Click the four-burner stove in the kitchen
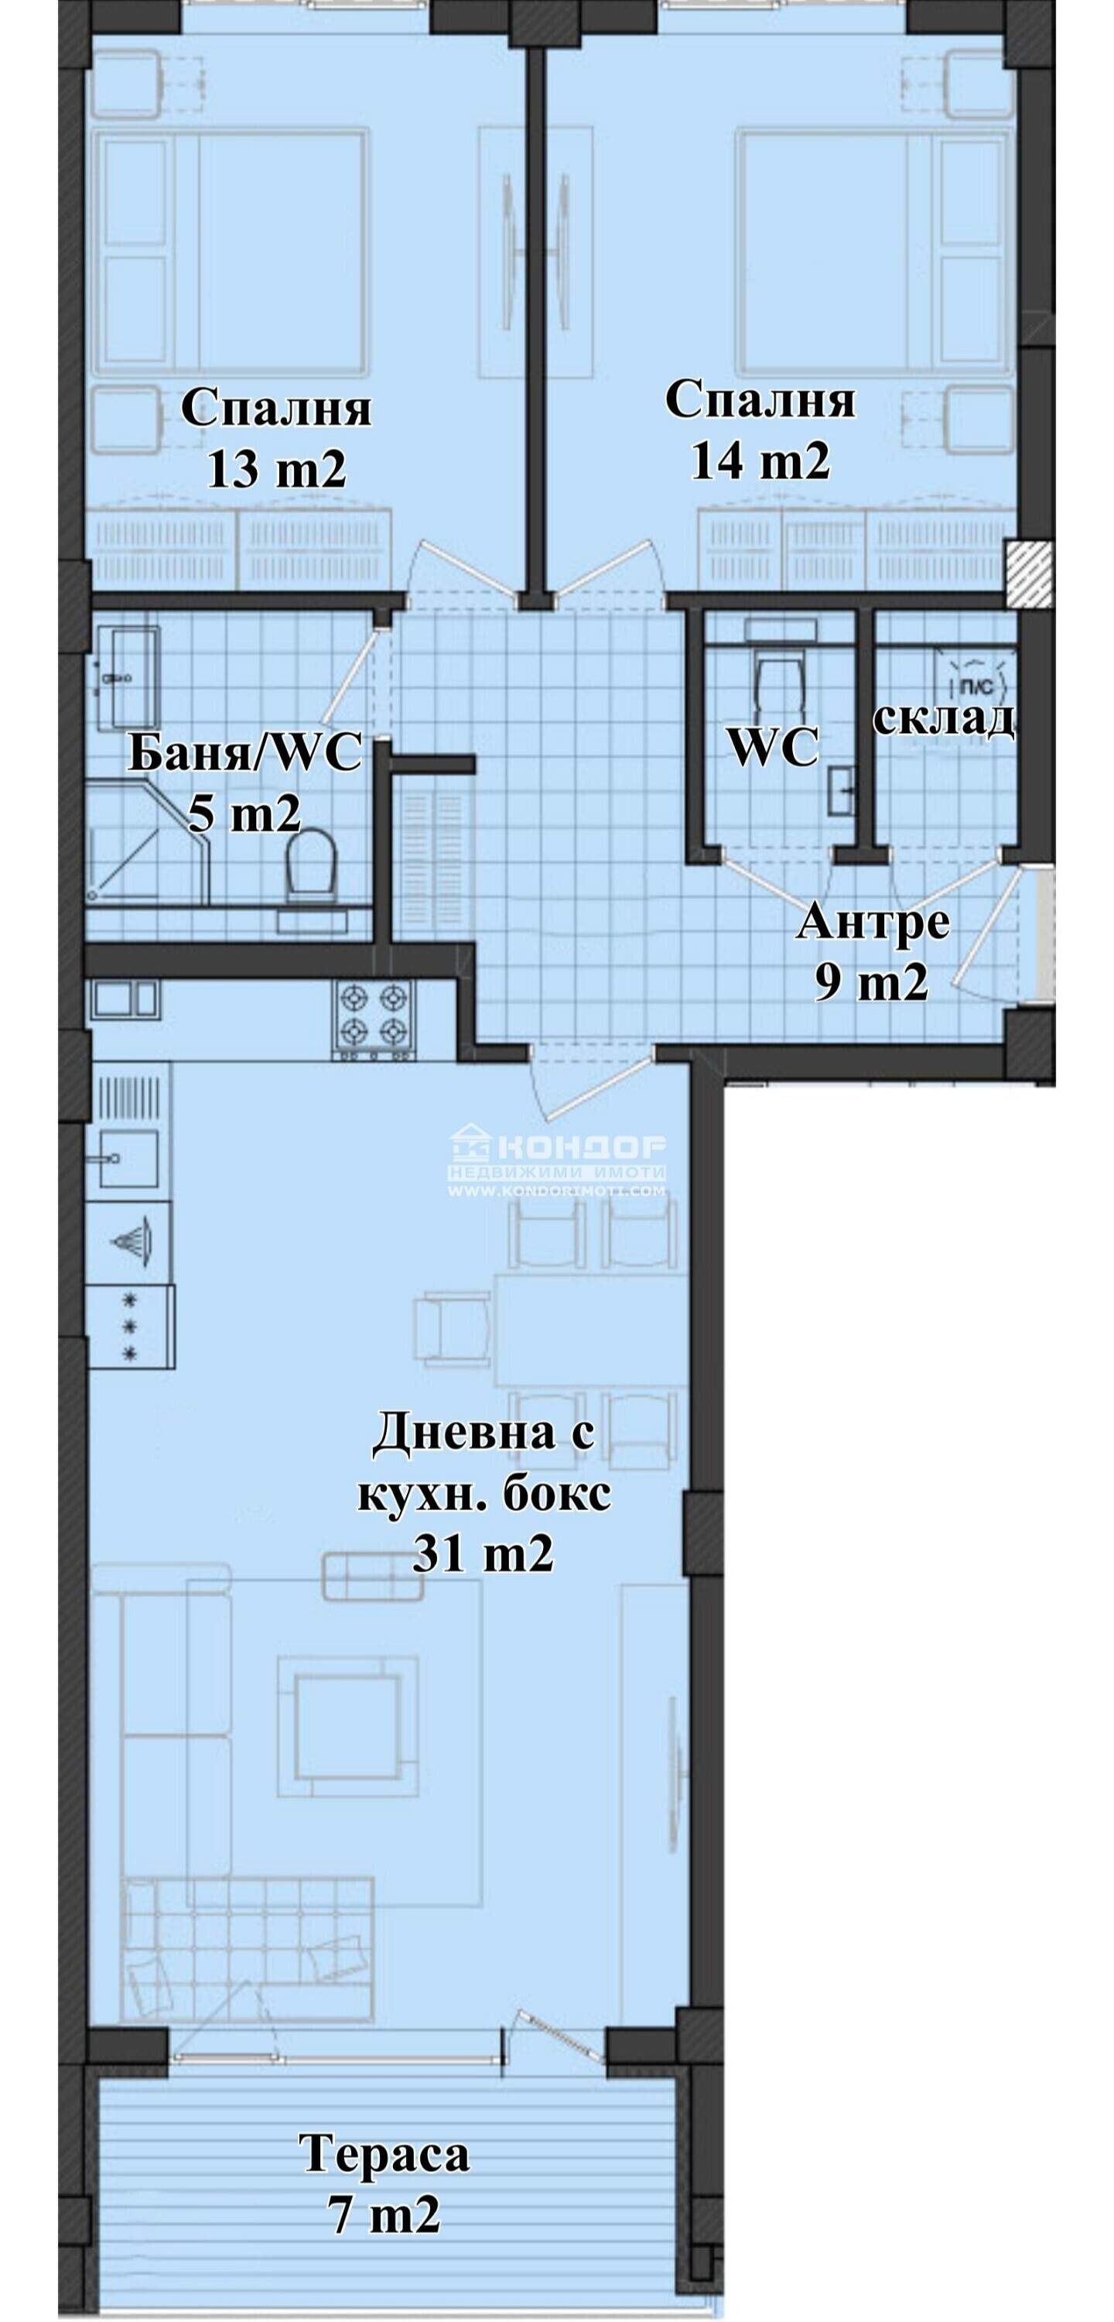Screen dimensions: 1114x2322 pyautogui.click(x=376, y=1019)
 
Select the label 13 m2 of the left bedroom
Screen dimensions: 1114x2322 pyautogui.click(x=277, y=470)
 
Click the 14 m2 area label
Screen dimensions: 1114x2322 pyautogui.click(x=760, y=461)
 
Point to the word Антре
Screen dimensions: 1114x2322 pyautogui.click(x=873, y=923)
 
